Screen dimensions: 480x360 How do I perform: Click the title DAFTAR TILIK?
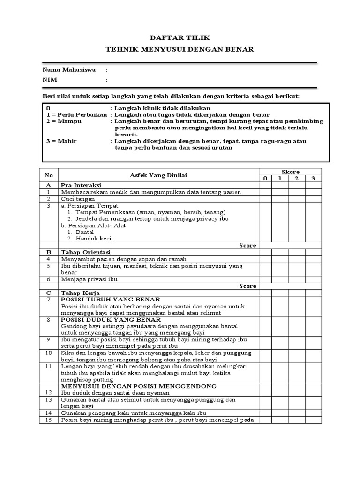(x=180, y=37)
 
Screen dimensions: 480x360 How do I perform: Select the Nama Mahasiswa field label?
(x=69, y=70)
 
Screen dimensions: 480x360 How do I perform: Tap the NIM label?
(x=49, y=80)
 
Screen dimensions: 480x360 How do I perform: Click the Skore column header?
(x=290, y=172)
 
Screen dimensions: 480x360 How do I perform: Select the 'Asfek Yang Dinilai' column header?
(x=158, y=175)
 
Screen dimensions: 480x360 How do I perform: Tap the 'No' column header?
(x=48, y=175)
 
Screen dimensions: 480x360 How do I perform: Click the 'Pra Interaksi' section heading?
(x=81, y=185)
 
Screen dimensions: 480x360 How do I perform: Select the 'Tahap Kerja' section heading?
(x=78, y=292)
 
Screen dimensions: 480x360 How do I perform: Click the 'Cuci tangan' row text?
(x=78, y=199)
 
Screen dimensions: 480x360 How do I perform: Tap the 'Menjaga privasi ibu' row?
(x=89, y=279)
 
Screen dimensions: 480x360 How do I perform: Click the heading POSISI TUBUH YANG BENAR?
(x=111, y=300)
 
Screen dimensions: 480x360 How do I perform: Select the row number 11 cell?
(x=48, y=366)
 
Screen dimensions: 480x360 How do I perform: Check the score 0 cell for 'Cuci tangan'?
(x=265, y=199)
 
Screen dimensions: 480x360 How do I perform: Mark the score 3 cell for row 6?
(x=313, y=279)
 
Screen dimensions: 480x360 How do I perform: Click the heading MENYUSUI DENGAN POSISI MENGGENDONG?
(x=139, y=386)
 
